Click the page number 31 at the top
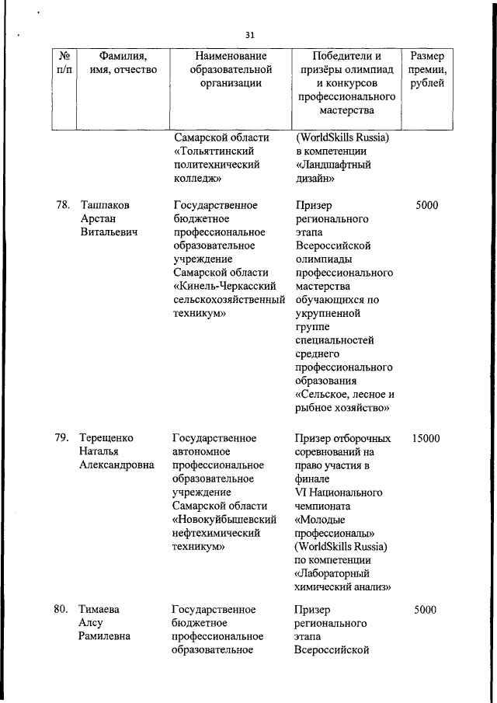coord(249,35)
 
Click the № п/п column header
coord(64,63)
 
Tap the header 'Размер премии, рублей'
coord(427,70)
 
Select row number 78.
coord(63,205)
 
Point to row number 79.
coord(63,438)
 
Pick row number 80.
coord(63,610)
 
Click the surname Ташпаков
coord(105,205)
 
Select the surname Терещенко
coord(106,438)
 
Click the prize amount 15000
coord(426,438)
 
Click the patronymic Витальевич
coord(110,232)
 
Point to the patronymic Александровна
coord(117,465)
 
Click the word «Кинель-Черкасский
coord(225,287)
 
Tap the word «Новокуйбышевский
coord(224,520)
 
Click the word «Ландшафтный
coord(333,165)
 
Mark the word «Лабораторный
coord(335,573)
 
